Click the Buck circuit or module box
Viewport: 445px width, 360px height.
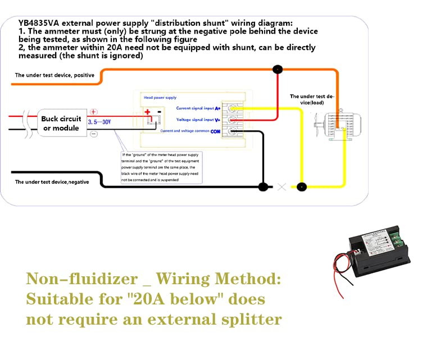pos(61,124)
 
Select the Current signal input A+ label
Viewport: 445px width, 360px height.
pos(198,108)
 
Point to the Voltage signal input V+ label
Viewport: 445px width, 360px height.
pos(198,120)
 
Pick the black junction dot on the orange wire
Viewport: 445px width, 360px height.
pos(277,70)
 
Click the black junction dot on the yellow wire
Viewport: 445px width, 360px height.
pos(302,187)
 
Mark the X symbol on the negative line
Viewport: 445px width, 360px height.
pos(282,187)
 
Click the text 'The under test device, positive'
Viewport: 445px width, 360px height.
pos(55,75)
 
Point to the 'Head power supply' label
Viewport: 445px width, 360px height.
pos(160,98)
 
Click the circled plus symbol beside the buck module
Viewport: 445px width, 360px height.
pos(94,112)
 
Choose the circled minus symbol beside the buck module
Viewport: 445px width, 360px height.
pos(94,134)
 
